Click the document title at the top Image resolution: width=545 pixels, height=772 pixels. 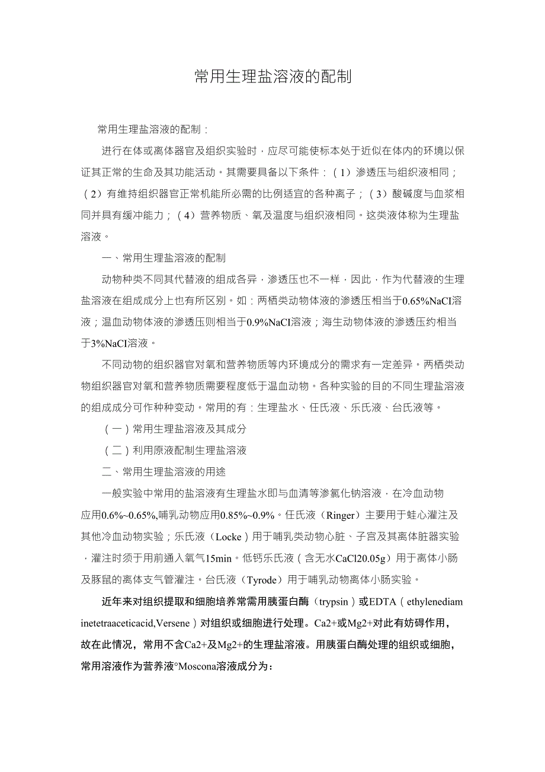273,76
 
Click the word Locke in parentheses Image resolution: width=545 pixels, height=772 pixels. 229,537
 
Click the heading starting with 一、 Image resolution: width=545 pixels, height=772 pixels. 164,258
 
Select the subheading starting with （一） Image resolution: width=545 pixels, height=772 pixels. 175,429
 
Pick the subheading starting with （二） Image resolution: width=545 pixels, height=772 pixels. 175,450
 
